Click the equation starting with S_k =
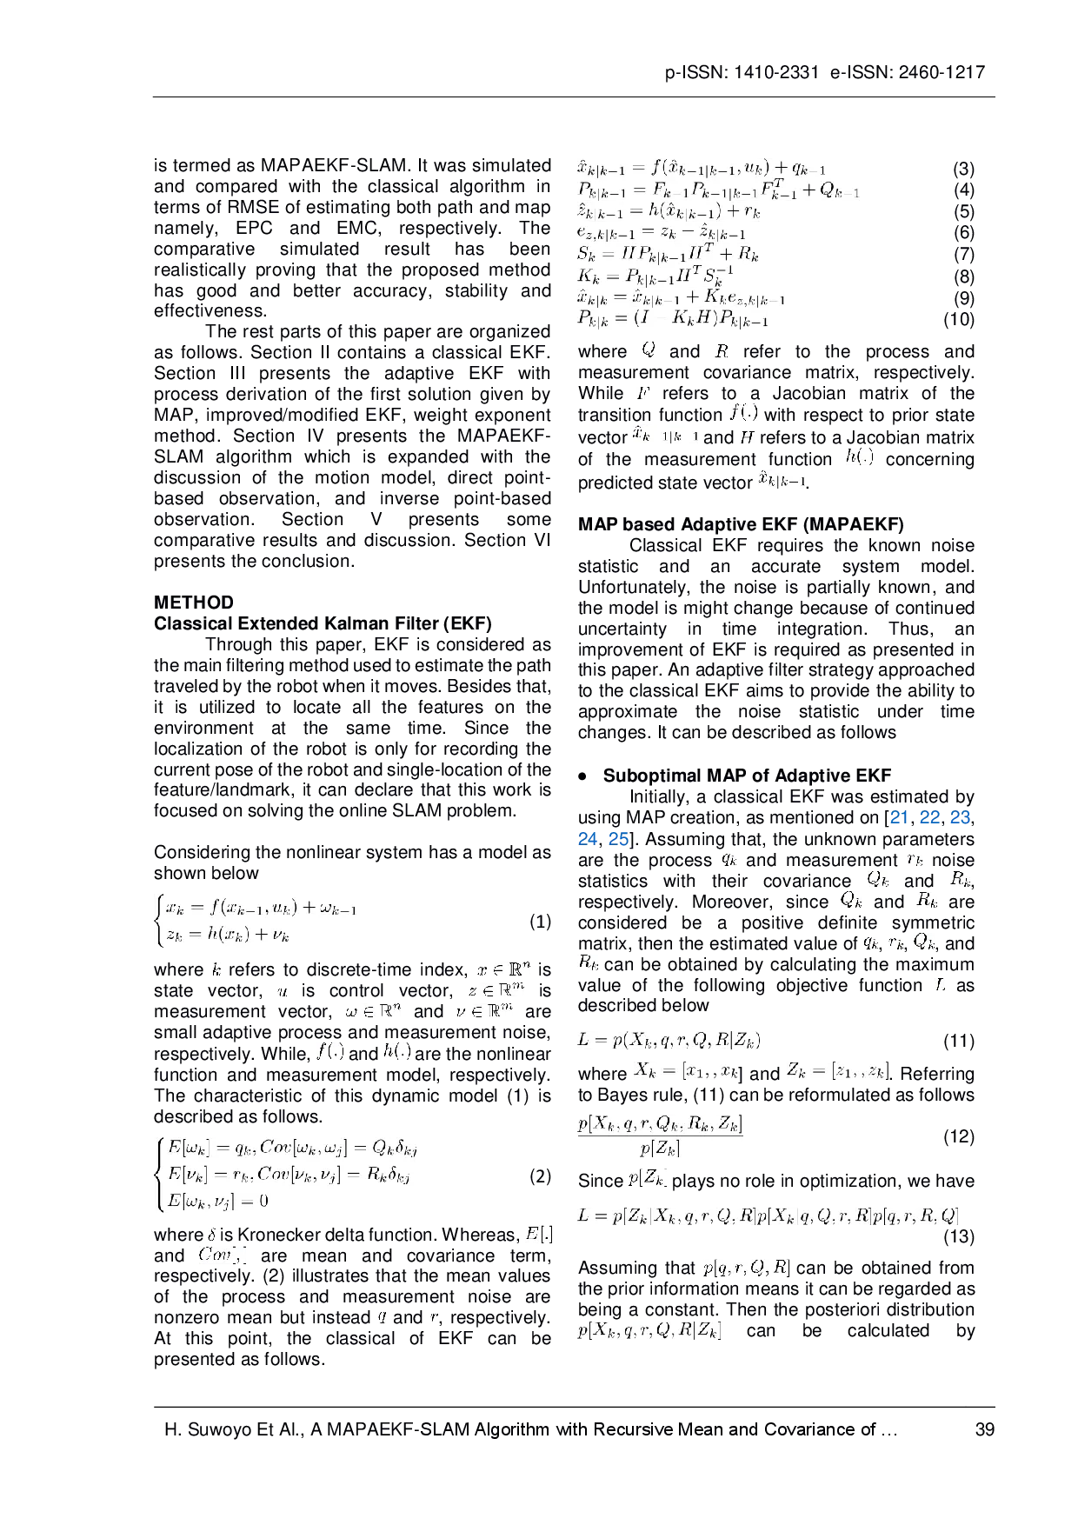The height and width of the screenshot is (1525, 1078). (669, 253)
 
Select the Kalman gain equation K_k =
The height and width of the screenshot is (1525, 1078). (657, 276)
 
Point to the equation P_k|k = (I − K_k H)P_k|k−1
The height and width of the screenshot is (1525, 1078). (675, 319)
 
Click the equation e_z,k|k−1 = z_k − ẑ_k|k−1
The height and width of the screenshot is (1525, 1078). (661, 231)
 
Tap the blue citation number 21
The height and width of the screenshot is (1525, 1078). (901, 817)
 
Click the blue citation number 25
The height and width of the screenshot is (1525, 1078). (617, 839)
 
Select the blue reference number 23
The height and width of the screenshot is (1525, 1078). (960, 817)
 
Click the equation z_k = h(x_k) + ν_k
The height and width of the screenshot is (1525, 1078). (227, 935)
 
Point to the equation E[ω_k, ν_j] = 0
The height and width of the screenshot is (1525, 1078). (217, 1201)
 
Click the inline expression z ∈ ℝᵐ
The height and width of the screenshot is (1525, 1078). (497, 990)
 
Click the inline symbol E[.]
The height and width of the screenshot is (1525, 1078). (540, 1234)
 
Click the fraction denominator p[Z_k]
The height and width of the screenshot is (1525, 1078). (660, 1148)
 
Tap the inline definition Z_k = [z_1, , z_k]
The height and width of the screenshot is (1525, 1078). (837, 1072)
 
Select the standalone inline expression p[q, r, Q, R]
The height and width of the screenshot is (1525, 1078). (746, 1269)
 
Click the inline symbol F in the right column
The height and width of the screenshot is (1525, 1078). (642, 393)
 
